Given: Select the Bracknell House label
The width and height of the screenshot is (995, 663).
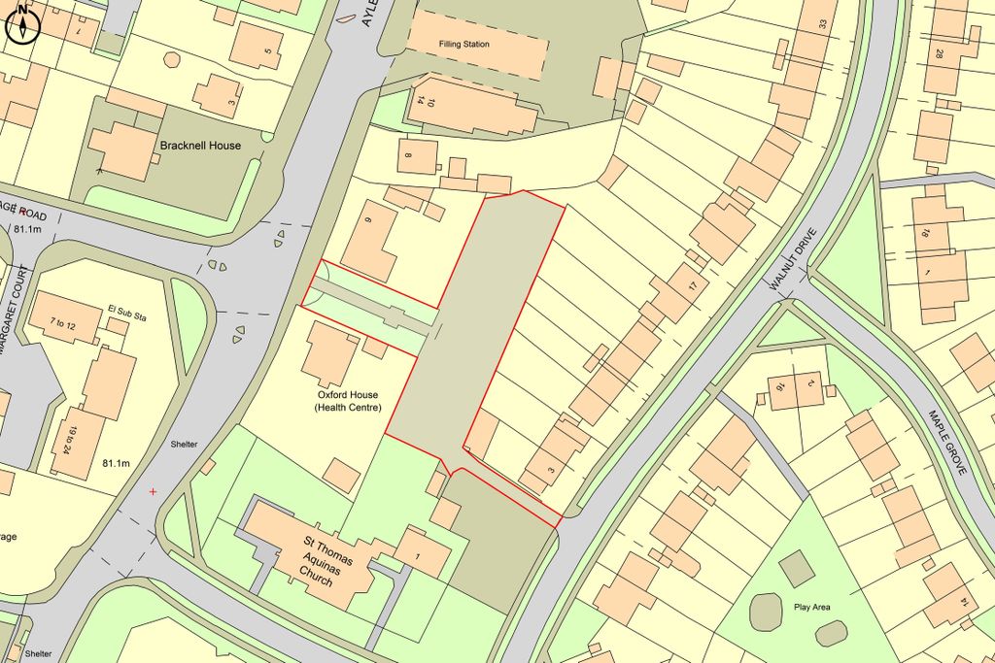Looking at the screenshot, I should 200,146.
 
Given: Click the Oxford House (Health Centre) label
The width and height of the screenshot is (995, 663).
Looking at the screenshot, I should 347,401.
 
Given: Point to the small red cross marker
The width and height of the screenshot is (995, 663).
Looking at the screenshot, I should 153,492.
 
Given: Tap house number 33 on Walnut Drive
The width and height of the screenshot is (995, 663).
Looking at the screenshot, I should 822,23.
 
